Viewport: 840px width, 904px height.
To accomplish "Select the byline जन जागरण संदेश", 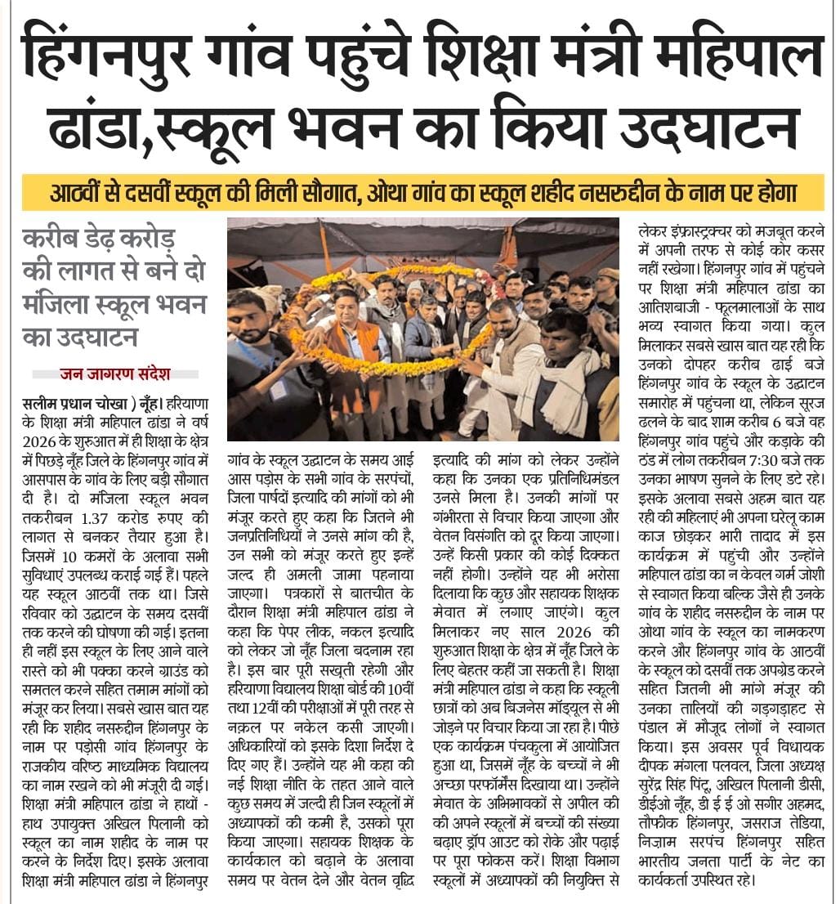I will point(114,374).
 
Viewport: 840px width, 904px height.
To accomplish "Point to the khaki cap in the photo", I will point(608,274).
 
